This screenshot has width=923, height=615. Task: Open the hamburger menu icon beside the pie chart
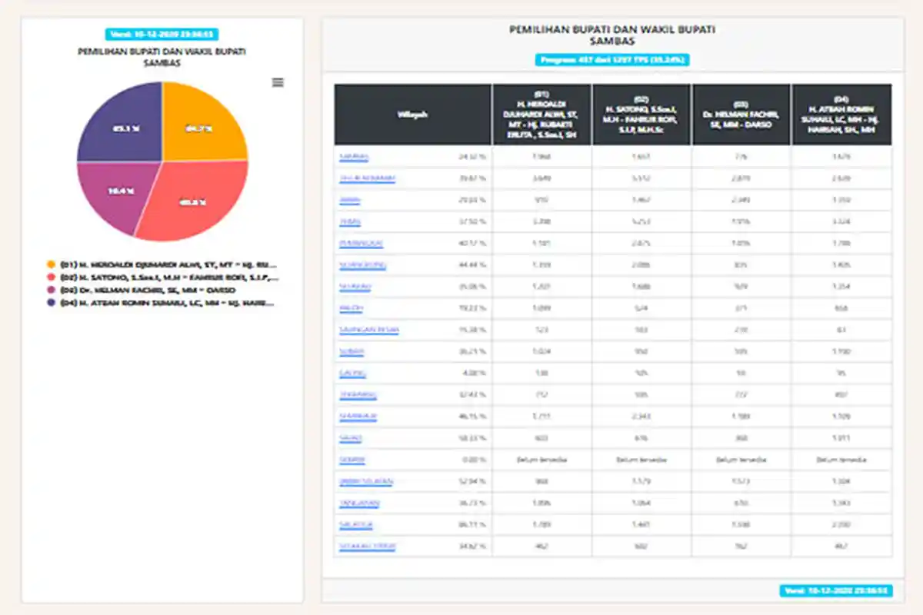click(278, 82)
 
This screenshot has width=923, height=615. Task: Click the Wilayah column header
click(412, 115)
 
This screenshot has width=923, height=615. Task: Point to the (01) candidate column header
click(541, 115)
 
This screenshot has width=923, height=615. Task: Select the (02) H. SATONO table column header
click(641, 115)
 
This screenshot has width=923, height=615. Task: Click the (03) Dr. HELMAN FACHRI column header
click(741, 115)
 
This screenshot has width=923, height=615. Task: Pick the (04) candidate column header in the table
click(841, 115)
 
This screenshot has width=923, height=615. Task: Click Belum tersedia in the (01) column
click(541, 460)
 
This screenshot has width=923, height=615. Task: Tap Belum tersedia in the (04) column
click(841, 460)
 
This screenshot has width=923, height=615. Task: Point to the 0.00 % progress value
click(474, 460)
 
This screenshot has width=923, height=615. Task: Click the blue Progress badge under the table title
click(612, 59)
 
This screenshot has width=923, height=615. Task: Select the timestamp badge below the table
click(836, 591)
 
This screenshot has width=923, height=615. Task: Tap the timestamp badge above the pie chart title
click(162, 35)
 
